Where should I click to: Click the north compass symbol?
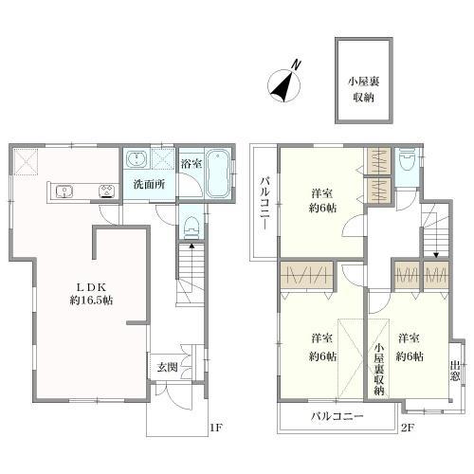click(284, 85)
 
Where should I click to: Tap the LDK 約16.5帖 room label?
click(91, 294)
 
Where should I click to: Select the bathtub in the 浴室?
click(218, 173)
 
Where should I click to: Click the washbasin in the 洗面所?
click(137, 159)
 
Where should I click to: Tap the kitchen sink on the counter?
click(64, 191)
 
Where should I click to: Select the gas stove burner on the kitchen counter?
click(107, 191)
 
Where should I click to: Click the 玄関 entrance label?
click(168, 367)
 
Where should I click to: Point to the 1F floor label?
click(217, 428)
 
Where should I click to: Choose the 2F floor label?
click(408, 428)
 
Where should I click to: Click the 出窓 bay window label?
click(455, 372)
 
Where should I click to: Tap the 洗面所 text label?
click(149, 184)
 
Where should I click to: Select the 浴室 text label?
click(191, 164)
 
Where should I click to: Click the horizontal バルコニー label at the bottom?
click(337, 416)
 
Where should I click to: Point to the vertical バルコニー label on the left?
click(264, 203)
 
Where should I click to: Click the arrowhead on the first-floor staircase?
click(191, 246)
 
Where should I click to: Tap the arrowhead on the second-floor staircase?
click(436, 255)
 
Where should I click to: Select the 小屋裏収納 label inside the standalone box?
click(364, 90)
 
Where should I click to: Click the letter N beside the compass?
click(296, 64)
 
